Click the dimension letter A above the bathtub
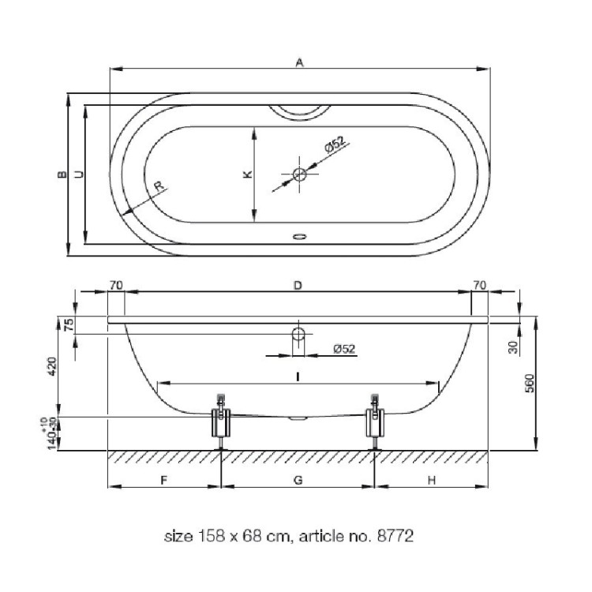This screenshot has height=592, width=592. click(x=299, y=62)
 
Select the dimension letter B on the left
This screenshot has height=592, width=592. click(x=62, y=174)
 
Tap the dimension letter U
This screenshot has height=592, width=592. click(x=79, y=174)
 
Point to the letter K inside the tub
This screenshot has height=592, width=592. click(x=247, y=174)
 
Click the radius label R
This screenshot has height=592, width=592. click(x=159, y=185)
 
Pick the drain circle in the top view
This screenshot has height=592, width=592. click(x=299, y=174)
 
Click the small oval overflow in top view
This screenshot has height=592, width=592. click(x=299, y=237)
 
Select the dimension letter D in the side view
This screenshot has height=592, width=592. click(x=298, y=286)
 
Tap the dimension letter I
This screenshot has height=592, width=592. click(x=298, y=377)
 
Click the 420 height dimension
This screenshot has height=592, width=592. click(x=52, y=366)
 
